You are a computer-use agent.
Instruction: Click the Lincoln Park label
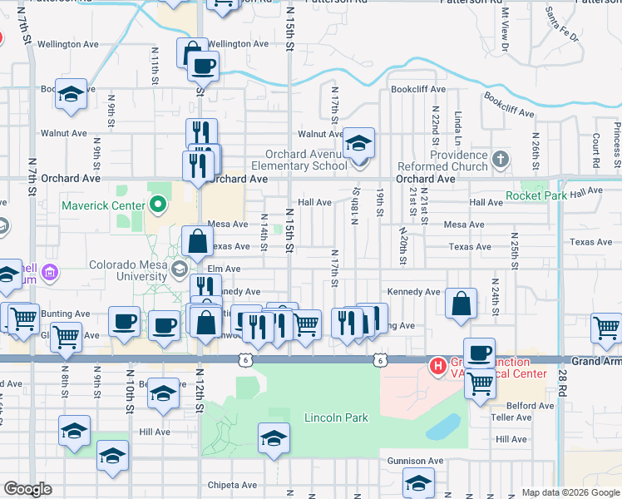[x=335, y=417]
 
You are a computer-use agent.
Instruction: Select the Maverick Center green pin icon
[x=157, y=204]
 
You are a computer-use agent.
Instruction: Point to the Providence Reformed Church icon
[x=500, y=157]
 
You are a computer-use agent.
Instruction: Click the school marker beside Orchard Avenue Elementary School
[x=358, y=144]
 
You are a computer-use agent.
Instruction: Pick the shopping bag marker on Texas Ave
[x=198, y=242]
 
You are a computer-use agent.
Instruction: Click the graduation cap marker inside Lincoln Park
[x=273, y=438]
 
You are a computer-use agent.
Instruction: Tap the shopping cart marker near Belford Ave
[x=480, y=384]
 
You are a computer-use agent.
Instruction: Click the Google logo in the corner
[x=27, y=489]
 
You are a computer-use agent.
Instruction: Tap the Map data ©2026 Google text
[x=570, y=492]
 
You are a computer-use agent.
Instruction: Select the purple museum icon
[x=50, y=271]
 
